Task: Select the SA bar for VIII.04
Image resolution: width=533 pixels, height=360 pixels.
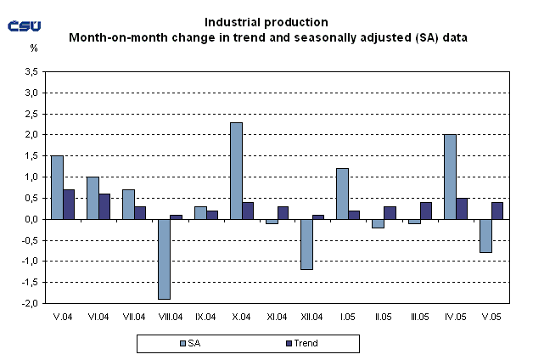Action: (164, 259)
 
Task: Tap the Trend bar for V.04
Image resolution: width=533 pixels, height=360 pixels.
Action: (70, 204)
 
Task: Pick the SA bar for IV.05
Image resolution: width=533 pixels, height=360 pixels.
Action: (449, 177)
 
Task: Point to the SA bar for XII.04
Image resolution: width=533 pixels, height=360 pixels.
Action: (306, 245)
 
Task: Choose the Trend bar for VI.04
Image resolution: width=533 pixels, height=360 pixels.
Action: (105, 206)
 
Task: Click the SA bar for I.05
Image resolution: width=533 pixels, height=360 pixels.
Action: (342, 194)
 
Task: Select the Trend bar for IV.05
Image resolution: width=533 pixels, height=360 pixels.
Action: (462, 208)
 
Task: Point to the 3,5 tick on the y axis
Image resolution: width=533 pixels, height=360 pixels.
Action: (32, 72)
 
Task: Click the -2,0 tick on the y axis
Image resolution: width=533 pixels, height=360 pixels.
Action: (31, 303)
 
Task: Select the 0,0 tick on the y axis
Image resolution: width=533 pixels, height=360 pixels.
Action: (32, 219)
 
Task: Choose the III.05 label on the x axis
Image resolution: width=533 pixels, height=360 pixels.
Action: (419, 316)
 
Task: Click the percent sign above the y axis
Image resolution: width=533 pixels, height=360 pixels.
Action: (34, 48)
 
